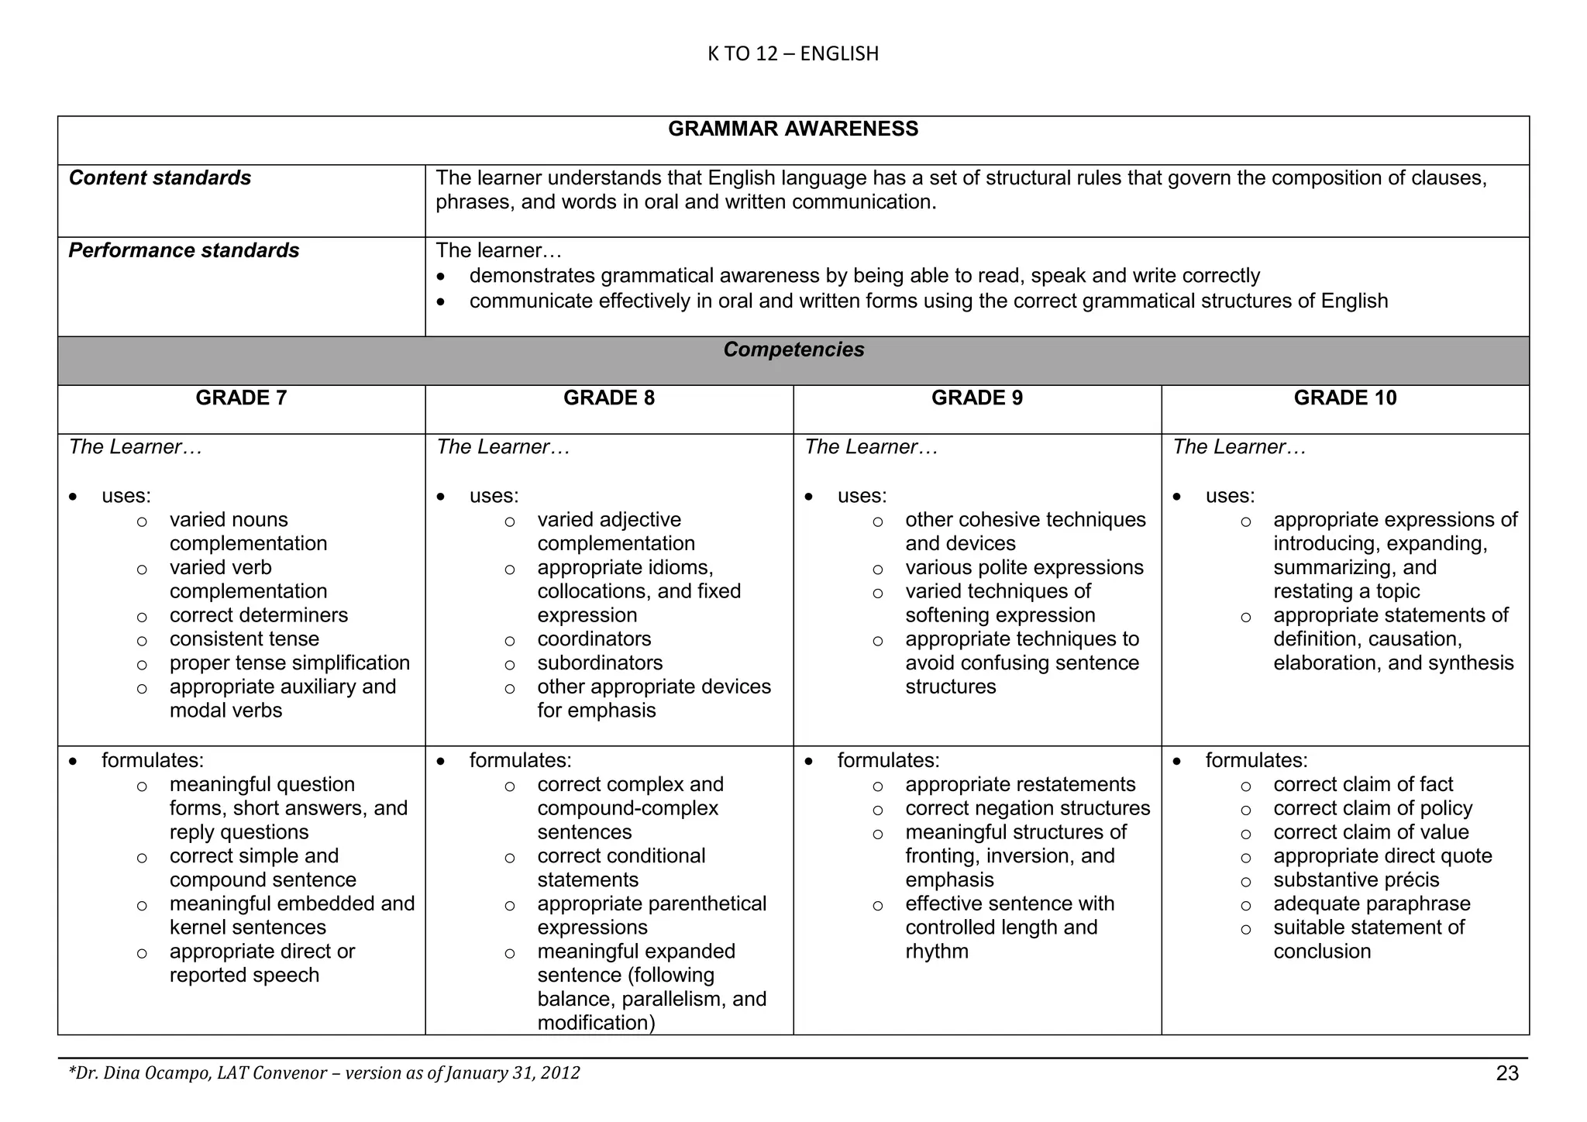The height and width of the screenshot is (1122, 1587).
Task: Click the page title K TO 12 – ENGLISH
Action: coord(793,53)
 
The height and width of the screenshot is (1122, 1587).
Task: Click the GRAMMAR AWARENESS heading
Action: coord(793,129)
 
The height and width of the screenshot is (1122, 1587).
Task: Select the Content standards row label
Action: coord(160,178)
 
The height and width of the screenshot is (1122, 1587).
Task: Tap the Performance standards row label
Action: coord(184,250)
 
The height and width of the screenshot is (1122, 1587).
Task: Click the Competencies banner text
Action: coord(793,349)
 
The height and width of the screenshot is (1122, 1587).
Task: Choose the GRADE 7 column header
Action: coord(241,398)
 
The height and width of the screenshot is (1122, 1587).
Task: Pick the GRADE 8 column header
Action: coord(608,398)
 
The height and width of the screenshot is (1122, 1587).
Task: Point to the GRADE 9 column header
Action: coord(976,398)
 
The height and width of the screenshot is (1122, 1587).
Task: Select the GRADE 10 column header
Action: coord(1344,398)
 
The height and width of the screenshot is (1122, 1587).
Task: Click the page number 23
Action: coord(1506,1073)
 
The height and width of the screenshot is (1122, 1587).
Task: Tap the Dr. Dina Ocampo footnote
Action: coord(324,1073)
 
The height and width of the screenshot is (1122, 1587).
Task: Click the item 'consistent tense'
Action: coord(244,639)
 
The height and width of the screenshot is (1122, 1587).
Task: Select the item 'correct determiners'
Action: coord(259,615)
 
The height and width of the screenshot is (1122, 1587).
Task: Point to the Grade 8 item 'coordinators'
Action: coord(594,639)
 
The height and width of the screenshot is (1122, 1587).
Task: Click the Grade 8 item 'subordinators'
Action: coord(600,663)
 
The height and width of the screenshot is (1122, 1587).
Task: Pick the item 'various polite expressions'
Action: coord(1024,568)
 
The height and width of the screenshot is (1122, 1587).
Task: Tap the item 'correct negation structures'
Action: coord(1028,808)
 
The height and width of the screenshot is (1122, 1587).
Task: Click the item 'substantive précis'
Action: coord(1356,880)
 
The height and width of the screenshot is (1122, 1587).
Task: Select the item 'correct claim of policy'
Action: coord(1372,808)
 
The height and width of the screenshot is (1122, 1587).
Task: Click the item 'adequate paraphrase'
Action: coord(1372,904)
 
